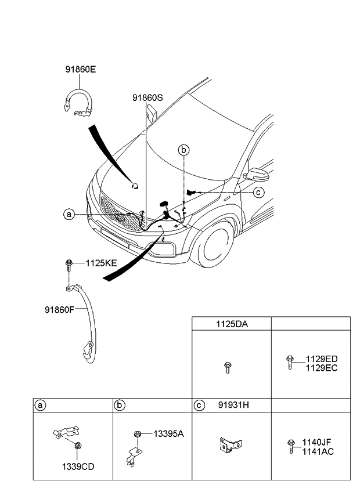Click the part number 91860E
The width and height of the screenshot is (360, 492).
pyautogui.click(x=80, y=70)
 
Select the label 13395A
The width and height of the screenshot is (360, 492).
pyautogui.click(x=168, y=433)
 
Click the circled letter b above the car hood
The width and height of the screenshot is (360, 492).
pyautogui.click(x=183, y=150)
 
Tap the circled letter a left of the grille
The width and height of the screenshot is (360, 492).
pyautogui.click(x=69, y=215)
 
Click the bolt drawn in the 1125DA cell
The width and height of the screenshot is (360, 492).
pyautogui.click(x=228, y=367)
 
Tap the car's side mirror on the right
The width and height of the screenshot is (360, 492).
pyautogui.click(x=256, y=175)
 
